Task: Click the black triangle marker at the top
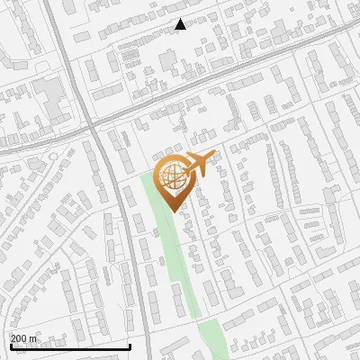pos(180,24)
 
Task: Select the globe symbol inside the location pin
pos(171,177)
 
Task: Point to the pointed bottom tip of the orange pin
pos(171,212)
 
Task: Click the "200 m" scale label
pos(24,338)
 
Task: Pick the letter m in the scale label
pos(33,338)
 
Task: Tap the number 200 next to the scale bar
pos(19,338)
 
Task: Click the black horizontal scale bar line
pos(70,346)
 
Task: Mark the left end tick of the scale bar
pos(11,345)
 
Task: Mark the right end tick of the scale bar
pos(130,345)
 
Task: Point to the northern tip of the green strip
pos(148,176)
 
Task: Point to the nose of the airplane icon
pos(213,159)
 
